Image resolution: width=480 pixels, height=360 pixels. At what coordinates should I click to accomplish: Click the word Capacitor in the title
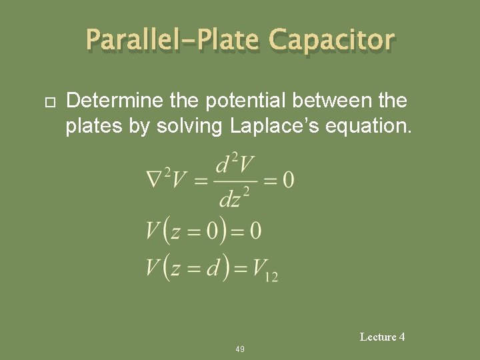tap(331, 41)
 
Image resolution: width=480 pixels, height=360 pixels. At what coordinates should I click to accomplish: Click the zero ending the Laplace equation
tap(288, 179)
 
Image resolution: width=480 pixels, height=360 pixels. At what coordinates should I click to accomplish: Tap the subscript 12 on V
tap(271, 276)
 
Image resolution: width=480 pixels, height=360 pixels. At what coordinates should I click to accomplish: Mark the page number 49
tap(240, 349)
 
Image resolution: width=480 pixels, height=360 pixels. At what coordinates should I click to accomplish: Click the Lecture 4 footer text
tap(382, 337)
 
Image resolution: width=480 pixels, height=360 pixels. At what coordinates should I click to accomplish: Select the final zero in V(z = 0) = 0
tap(254, 231)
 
